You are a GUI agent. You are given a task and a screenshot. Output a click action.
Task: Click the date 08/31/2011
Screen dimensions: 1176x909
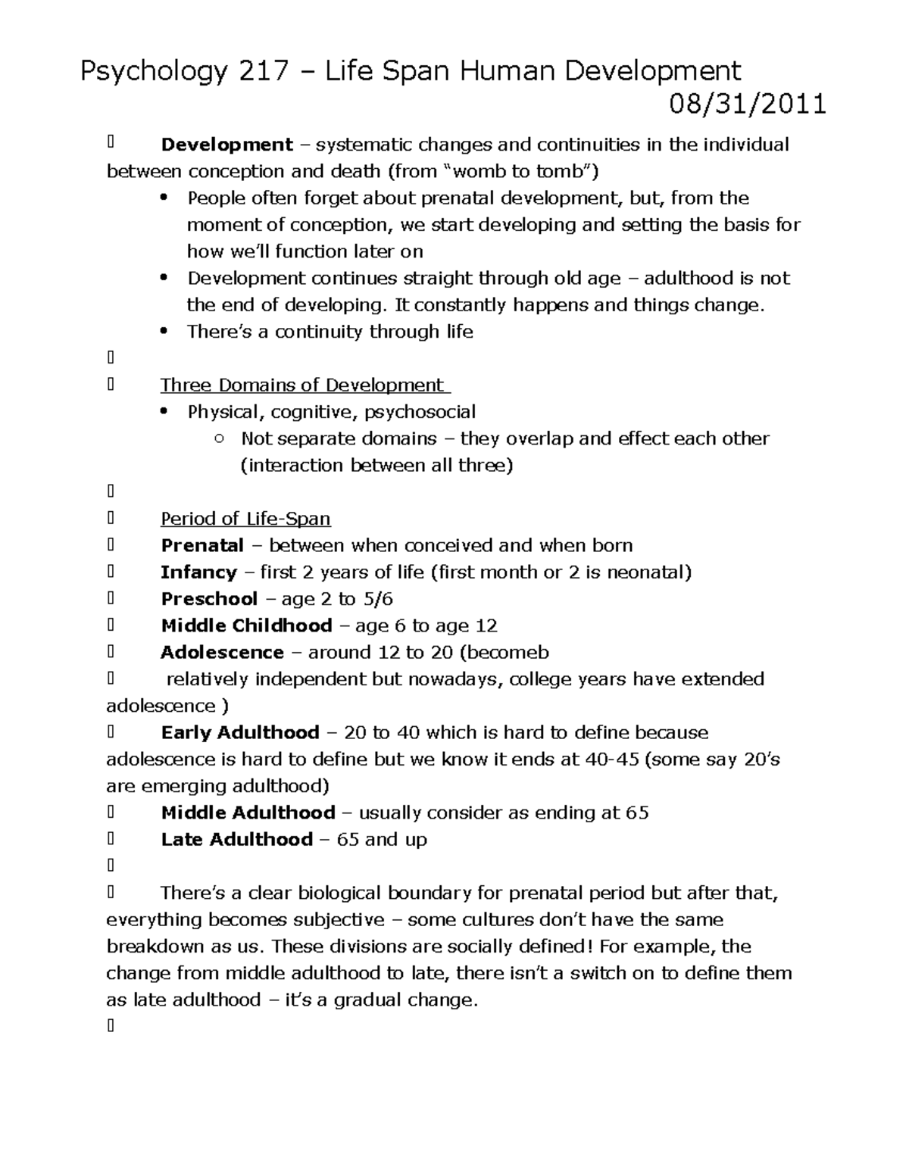coord(747,103)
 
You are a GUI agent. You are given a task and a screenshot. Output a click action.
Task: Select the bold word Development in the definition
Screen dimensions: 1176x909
coord(226,145)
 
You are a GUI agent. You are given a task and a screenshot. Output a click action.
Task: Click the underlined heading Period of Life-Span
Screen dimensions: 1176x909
coord(245,519)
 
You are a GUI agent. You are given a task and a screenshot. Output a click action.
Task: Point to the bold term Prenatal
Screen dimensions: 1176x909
coord(202,546)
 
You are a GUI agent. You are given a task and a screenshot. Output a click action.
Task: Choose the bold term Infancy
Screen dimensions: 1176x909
coord(198,572)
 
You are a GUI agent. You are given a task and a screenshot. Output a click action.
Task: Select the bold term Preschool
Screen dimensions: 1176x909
coord(209,599)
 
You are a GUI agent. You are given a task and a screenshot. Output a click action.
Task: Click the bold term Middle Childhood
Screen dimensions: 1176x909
coord(246,626)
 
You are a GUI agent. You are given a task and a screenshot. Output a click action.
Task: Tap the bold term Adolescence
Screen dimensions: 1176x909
coord(222,653)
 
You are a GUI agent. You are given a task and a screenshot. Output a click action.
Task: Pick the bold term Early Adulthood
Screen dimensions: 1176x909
coord(240,733)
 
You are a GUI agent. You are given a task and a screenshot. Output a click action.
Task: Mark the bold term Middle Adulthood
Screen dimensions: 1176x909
coord(248,813)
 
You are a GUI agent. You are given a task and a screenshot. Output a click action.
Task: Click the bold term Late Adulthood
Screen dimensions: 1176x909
coord(236,840)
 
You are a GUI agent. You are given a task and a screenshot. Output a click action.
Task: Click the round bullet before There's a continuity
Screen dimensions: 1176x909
coord(164,332)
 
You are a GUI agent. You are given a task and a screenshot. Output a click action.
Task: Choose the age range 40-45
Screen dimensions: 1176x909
coord(612,760)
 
